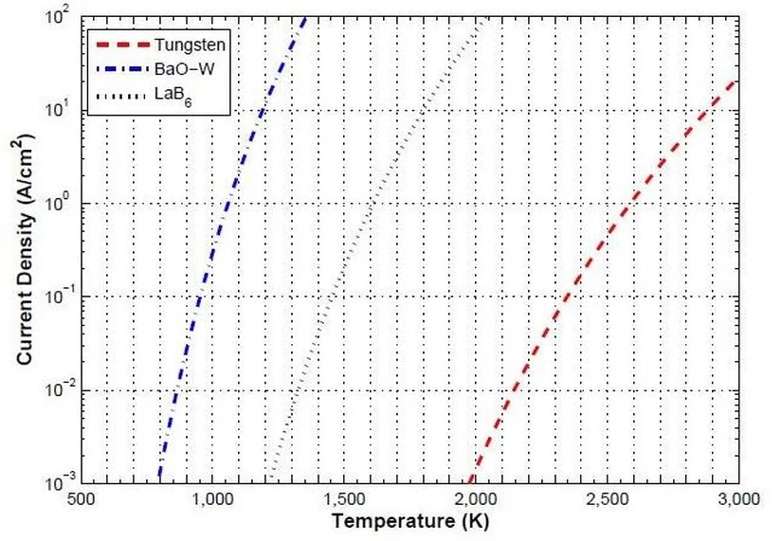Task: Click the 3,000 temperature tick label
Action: pyautogui.click(x=736, y=499)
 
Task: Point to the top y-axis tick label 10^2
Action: pyautogui.click(x=59, y=17)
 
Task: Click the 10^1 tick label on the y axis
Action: pyautogui.click(x=59, y=111)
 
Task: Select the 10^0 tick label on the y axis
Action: pyautogui.click(x=59, y=204)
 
